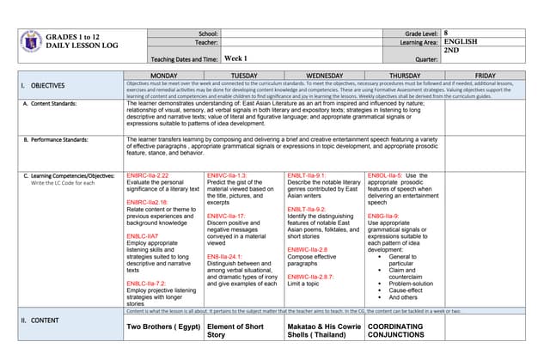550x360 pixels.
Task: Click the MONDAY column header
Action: (x=163, y=76)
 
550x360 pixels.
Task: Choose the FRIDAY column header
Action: (x=485, y=76)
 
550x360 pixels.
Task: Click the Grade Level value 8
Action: (x=446, y=32)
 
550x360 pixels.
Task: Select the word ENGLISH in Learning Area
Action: (x=460, y=41)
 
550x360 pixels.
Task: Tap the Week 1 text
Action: (x=235, y=59)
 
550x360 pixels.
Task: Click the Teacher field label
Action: (x=205, y=41)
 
